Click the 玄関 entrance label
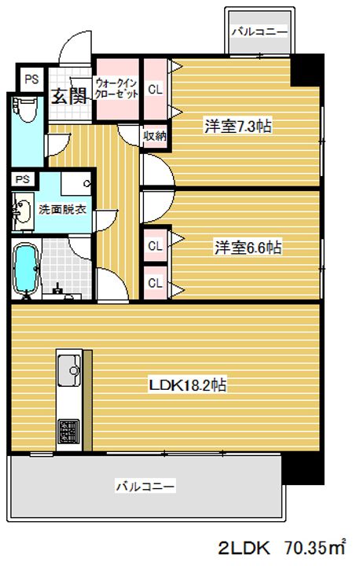(68, 96)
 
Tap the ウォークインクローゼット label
(117, 87)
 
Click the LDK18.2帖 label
(189, 385)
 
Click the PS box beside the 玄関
(31, 79)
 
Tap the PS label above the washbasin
(23, 178)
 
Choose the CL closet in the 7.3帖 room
(155, 89)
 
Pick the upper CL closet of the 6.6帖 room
(155, 245)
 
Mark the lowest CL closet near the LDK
(155, 282)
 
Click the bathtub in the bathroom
(26, 270)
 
